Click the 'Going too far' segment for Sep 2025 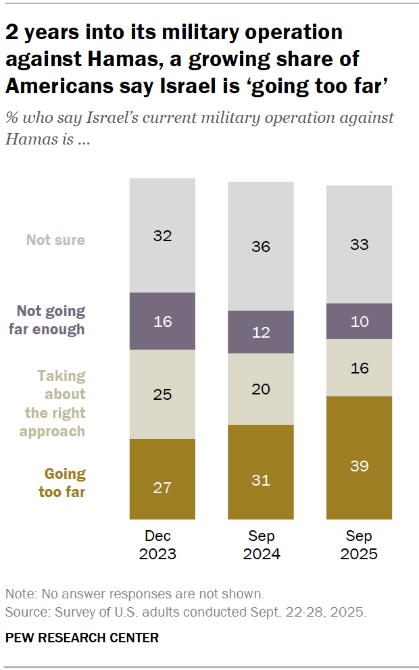(x=359, y=457)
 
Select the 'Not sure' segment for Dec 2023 (x=162, y=235)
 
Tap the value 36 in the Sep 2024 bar (x=261, y=247)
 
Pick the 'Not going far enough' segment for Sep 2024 (x=261, y=332)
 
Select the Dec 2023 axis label (x=162, y=545)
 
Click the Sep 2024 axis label (x=261, y=545)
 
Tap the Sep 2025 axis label (x=359, y=545)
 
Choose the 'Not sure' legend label (x=55, y=240)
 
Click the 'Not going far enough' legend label (x=51, y=320)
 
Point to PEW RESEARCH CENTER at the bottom (x=82, y=638)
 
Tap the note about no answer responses (x=134, y=594)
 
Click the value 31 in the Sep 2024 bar (x=261, y=480)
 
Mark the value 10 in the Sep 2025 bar (x=359, y=321)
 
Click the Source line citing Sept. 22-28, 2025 (x=185, y=612)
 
